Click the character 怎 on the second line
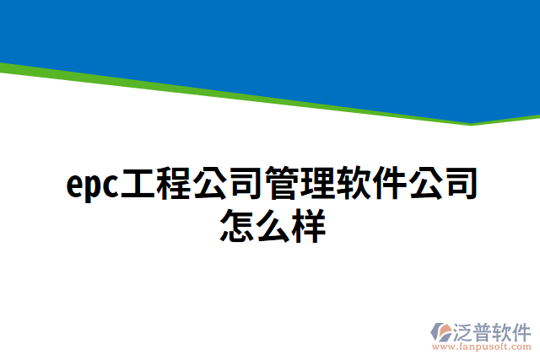[x=237, y=227]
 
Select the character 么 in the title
[x=273, y=227]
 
